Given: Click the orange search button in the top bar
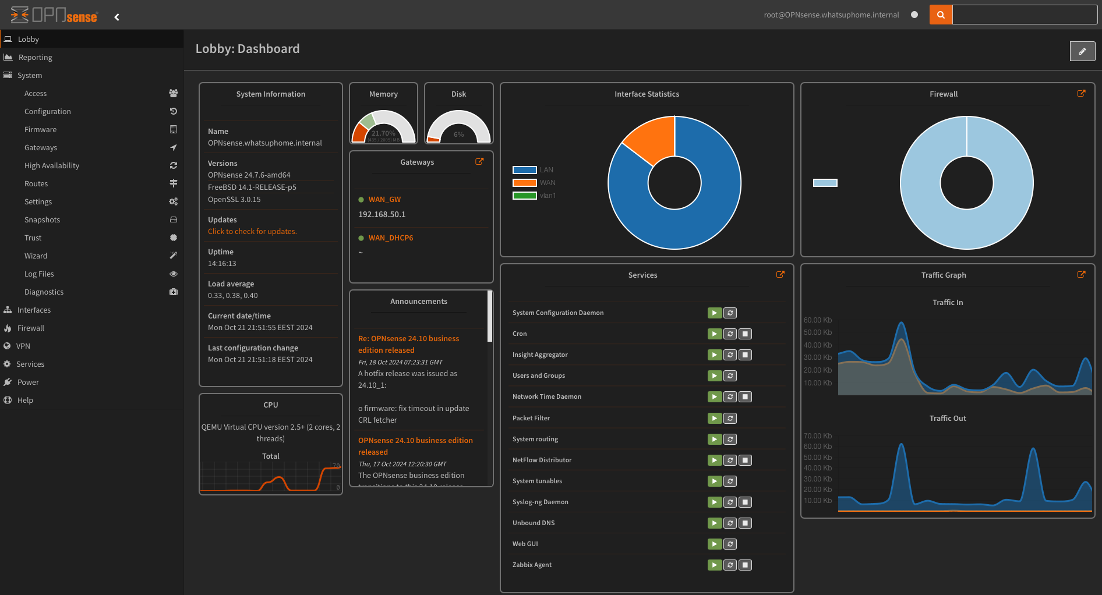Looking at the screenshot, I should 941,15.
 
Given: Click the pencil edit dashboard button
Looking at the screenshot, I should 1082,51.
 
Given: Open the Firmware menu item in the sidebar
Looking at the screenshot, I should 41,129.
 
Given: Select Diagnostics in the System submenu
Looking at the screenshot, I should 44,292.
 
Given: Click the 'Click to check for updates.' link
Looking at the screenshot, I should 252,231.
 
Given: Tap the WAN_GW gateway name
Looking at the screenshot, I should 384,199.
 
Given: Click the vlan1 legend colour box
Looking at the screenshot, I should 524,196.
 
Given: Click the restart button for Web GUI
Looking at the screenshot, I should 730,544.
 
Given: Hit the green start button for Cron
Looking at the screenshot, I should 715,334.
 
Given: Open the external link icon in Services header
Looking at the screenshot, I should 780,274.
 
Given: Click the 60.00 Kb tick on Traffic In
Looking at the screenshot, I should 818,320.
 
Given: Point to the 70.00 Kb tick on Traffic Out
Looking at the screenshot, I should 818,436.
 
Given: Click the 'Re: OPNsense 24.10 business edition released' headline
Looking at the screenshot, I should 408,344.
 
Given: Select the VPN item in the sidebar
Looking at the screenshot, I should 23,346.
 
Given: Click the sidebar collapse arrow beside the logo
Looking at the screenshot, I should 117,17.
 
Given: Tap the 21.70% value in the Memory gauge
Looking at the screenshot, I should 383,133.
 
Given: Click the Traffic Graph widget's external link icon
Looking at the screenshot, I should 1081,274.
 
